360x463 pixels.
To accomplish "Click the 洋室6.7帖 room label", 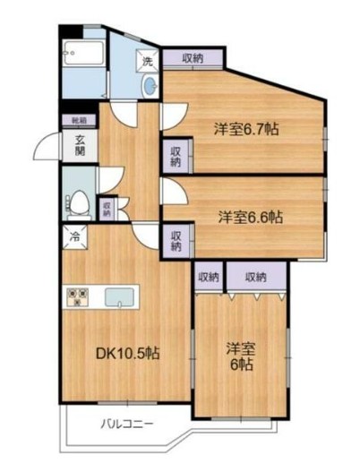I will pos(244,128).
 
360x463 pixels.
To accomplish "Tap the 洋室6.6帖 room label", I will pos(251,216).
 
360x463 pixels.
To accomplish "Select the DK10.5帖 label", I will pos(127,354).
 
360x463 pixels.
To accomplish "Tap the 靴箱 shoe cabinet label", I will pos(79,119).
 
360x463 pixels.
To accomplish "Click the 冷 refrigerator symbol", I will pos(74,239).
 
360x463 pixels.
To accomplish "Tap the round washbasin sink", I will pos(150,87).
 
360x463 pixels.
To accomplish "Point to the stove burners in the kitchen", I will pos(77,296).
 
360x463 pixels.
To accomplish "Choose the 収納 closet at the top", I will pos(192,58).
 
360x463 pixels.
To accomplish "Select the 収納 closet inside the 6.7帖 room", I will pos(176,157).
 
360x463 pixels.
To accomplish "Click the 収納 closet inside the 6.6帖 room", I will pos(176,240).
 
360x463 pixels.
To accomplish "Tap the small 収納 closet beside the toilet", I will pos(107,209).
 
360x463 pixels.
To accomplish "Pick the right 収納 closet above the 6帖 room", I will pos(256,278).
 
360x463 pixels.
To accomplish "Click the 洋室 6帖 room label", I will pos(239,356).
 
